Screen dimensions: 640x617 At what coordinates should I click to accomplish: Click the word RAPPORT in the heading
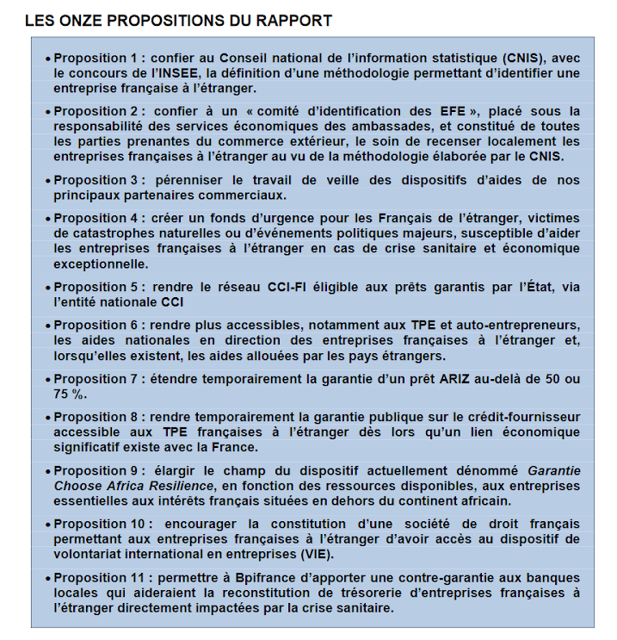coord(292,20)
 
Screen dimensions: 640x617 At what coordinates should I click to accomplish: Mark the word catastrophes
coord(109,233)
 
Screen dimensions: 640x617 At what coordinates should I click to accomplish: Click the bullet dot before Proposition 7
coord(47,380)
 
